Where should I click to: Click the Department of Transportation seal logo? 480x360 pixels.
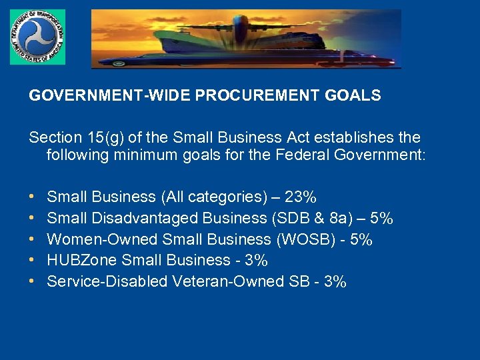pos(37,37)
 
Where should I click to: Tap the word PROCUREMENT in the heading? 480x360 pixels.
pos(256,95)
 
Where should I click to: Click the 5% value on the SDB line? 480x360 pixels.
pos(381,218)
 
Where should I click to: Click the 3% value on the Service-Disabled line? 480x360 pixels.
pos(333,281)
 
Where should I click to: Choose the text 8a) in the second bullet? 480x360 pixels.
pos(342,218)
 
